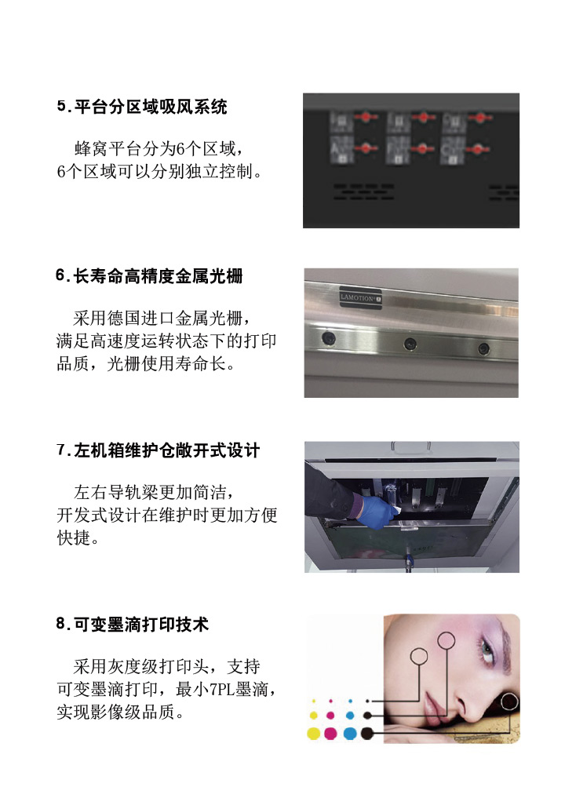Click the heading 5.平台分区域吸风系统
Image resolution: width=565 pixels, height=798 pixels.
[x=142, y=107]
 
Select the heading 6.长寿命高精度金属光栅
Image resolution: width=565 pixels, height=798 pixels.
[x=149, y=276]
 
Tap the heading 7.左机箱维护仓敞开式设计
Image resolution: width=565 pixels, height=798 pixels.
[x=159, y=450]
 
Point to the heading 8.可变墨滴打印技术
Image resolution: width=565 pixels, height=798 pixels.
[x=133, y=625]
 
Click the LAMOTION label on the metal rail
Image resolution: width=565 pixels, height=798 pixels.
[x=360, y=298]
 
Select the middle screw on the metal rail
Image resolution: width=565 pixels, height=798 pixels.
[x=410, y=344]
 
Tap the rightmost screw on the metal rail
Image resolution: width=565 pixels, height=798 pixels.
[x=483, y=348]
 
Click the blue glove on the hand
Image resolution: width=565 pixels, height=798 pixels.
[x=376, y=511]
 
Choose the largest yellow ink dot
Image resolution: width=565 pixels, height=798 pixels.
[x=314, y=734]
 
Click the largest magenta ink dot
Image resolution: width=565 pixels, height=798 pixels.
[x=331, y=734]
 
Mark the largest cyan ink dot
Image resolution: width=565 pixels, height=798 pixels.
[x=350, y=734]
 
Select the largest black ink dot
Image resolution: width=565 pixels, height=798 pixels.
[x=367, y=734]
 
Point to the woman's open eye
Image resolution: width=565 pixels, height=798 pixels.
[x=487, y=650]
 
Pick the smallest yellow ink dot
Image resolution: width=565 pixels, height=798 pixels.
[x=314, y=701]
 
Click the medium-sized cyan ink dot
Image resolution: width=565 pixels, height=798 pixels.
[x=350, y=716]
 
